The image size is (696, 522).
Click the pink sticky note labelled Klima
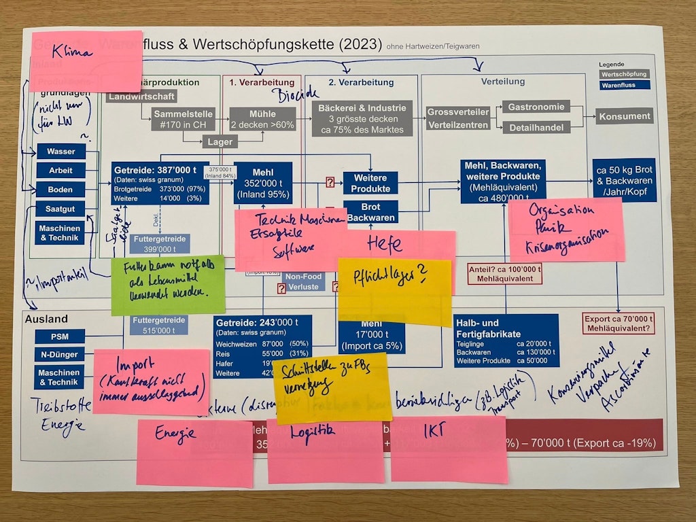[86, 61]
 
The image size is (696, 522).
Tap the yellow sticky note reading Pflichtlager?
[394, 291]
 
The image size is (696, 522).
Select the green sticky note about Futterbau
[168, 285]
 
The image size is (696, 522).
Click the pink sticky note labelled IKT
[448, 449]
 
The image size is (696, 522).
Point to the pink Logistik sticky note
[326, 450]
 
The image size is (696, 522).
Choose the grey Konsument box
[624, 116]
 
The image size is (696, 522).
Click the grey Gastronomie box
[536, 107]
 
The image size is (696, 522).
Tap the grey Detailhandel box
[536, 127]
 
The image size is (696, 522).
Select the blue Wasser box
[60, 152]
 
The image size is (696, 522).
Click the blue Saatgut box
[60, 209]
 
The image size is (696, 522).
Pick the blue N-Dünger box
[59, 353]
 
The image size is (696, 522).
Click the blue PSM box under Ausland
[59, 336]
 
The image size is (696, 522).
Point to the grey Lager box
[221, 142]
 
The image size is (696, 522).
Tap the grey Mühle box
[262, 119]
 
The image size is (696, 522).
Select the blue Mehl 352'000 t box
[263, 182]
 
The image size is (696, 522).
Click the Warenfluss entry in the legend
[625, 86]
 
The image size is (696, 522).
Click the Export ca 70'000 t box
[619, 323]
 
